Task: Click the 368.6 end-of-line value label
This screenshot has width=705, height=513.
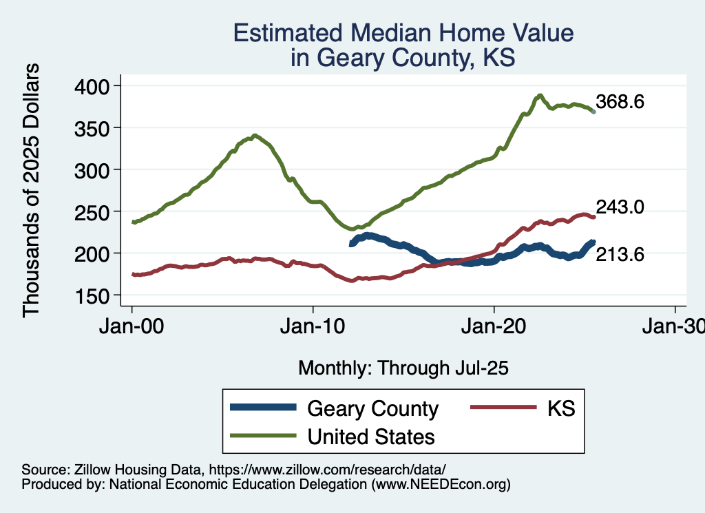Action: (x=620, y=103)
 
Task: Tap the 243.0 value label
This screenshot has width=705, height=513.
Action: (x=620, y=207)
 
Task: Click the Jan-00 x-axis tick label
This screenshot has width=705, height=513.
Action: (x=131, y=327)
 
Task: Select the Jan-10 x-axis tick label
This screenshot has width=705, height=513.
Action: (x=313, y=327)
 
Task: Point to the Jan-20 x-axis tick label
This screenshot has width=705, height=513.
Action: (x=494, y=327)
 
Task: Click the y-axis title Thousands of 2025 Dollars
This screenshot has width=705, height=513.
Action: (x=32, y=190)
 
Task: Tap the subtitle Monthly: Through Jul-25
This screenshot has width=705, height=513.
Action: (x=403, y=368)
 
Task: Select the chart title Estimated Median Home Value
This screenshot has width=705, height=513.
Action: (x=403, y=33)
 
